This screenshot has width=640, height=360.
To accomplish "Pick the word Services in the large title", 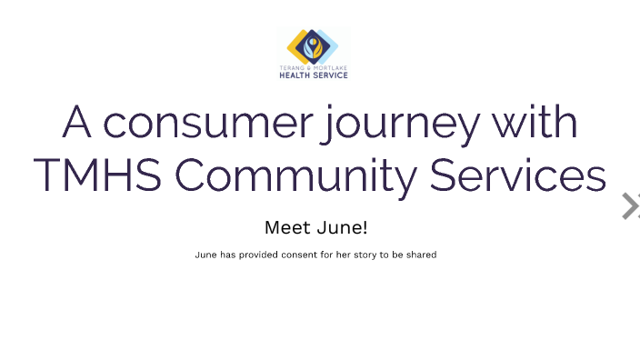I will click(517, 175).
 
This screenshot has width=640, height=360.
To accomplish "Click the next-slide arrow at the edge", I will click(629, 206).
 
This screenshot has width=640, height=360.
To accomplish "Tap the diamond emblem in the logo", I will click(313, 45).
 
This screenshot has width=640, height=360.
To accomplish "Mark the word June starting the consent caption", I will click(205, 255).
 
